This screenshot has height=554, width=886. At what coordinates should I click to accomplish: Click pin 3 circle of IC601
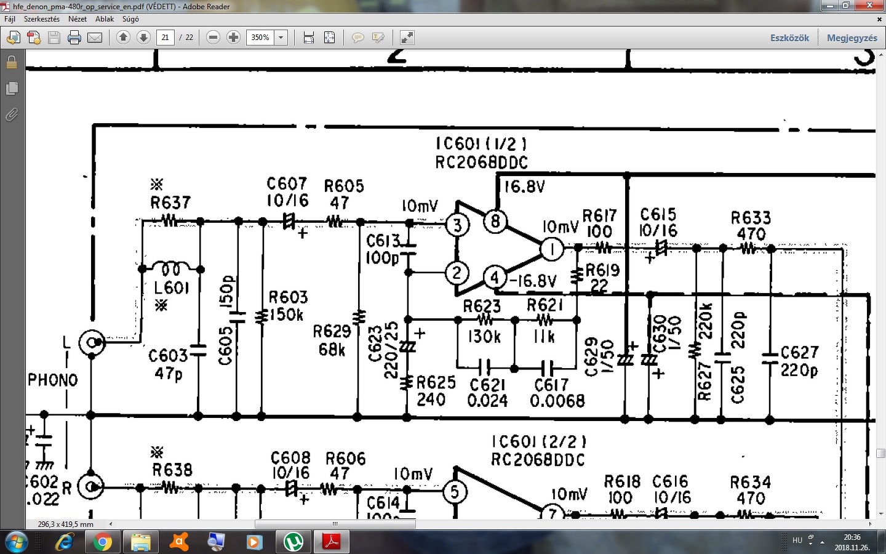457,225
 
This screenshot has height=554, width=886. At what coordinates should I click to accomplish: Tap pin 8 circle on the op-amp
495,221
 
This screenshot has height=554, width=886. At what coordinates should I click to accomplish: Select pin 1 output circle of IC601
552,249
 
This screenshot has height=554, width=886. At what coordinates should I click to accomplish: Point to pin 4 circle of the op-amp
495,278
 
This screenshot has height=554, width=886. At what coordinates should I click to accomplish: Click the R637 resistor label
170,203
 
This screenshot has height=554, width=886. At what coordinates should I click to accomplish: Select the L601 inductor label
172,287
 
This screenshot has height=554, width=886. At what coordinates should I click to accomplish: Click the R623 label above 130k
482,306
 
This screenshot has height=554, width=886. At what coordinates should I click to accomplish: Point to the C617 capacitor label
551,385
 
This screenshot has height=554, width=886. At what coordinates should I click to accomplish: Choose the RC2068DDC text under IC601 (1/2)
481,163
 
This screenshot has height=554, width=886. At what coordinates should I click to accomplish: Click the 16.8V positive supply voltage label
524,187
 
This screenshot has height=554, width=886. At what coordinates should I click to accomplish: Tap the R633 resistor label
751,218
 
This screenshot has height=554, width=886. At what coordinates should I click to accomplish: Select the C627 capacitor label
799,352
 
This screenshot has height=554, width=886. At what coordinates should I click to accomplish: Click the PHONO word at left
53,380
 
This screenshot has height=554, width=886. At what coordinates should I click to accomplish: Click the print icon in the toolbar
74,38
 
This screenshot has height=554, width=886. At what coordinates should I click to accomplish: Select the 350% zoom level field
260,38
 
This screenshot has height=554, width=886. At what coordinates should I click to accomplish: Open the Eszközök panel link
789,38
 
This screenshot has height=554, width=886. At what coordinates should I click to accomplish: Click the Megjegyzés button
852,38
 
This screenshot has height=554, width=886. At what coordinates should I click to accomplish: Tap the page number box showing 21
165,38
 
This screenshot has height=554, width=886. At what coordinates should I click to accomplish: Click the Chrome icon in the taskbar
103,542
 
